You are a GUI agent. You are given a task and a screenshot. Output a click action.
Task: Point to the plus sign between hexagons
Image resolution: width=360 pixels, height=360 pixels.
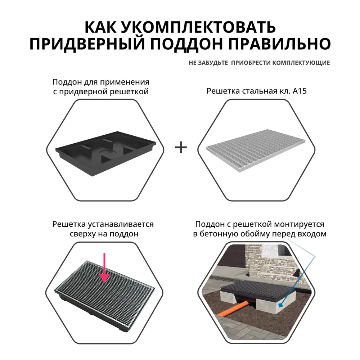point(181,147)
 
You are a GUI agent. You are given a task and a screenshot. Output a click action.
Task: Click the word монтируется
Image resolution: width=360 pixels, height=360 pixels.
point(298,224)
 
